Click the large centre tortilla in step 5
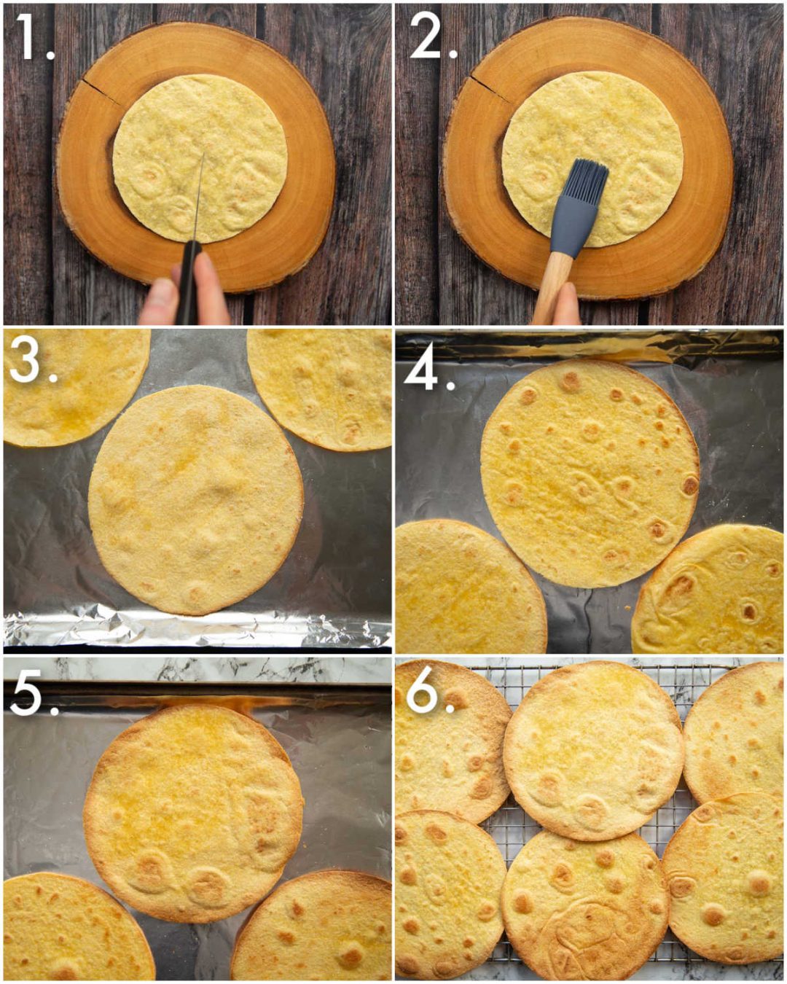click(x=193, y=809)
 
